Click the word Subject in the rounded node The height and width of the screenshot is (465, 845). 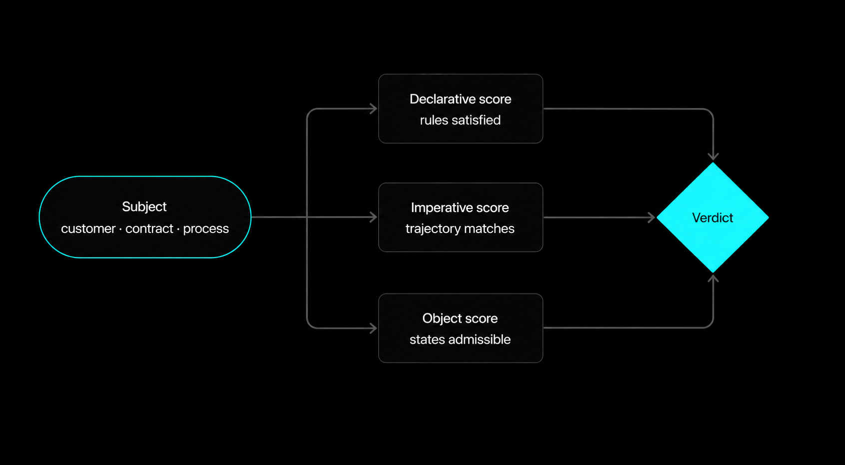(144, 206)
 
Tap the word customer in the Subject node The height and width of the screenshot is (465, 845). (88, 228)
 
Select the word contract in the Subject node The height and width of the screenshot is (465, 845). (149, 228)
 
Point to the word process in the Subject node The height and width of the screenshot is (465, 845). (205, 228)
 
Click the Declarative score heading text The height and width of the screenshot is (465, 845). (460, 99)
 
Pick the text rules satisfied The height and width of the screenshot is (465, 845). (460, 120)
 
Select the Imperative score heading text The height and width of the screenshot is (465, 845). (460, 207)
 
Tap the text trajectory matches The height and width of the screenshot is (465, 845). (460, 228)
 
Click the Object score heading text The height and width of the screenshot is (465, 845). (460, 318)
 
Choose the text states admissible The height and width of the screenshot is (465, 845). (460, 339)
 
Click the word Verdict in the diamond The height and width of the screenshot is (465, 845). (712, 217)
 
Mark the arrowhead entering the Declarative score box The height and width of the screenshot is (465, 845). (374, 108)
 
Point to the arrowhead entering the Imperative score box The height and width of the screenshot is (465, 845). (374, 217)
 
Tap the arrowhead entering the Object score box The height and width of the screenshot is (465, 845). (374, 328)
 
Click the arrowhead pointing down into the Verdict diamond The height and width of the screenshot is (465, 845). (713, 156)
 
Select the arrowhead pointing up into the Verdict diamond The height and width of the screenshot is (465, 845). (713, 278)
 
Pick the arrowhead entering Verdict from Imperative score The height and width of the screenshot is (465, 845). (652, 217)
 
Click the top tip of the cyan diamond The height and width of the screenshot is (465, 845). (713, 163)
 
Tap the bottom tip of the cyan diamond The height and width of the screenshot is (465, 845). (713, 271)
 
